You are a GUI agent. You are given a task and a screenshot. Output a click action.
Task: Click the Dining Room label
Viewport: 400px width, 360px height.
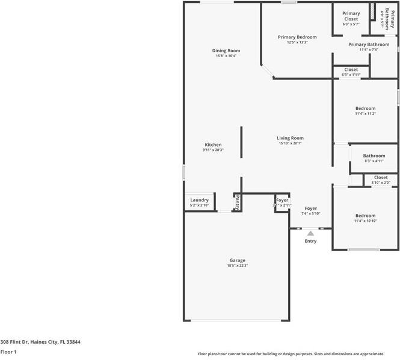tap(226, 50)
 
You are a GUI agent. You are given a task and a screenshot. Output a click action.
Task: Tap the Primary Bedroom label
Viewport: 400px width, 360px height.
tap(297, 37)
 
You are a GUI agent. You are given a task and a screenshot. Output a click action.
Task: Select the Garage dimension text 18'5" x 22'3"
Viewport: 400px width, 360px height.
tap(236, 266)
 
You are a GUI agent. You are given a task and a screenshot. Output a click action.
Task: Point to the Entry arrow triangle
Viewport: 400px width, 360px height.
tap(310, 233)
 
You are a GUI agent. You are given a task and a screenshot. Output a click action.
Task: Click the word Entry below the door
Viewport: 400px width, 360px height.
tap(310, 241)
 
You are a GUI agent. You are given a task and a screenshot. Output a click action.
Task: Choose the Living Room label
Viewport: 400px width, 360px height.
tap(290, 138)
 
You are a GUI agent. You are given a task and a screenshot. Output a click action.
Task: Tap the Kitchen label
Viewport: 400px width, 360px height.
tap(213, 145)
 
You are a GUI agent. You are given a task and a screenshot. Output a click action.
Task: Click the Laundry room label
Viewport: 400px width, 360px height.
tap(199, 200)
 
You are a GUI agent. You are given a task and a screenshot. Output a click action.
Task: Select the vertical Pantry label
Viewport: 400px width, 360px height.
tap(238, 203)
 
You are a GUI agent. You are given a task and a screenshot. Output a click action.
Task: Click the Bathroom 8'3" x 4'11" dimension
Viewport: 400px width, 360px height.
tap(374, 161)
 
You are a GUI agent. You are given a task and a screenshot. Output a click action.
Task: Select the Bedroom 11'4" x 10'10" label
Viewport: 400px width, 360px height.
tap(365, 216)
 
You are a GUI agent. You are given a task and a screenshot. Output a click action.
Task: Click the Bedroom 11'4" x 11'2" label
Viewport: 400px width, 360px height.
tap(365, 109)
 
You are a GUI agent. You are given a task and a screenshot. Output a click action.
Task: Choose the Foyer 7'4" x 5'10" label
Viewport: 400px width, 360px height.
tap(311, 209)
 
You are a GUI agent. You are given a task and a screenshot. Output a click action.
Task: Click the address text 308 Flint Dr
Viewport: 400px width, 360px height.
tap(40, 342)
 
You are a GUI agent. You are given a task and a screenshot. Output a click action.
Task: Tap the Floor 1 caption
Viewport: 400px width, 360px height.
tap(8, 352)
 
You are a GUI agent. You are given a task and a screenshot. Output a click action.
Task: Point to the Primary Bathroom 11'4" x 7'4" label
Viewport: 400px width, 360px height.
tap(369, 44)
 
